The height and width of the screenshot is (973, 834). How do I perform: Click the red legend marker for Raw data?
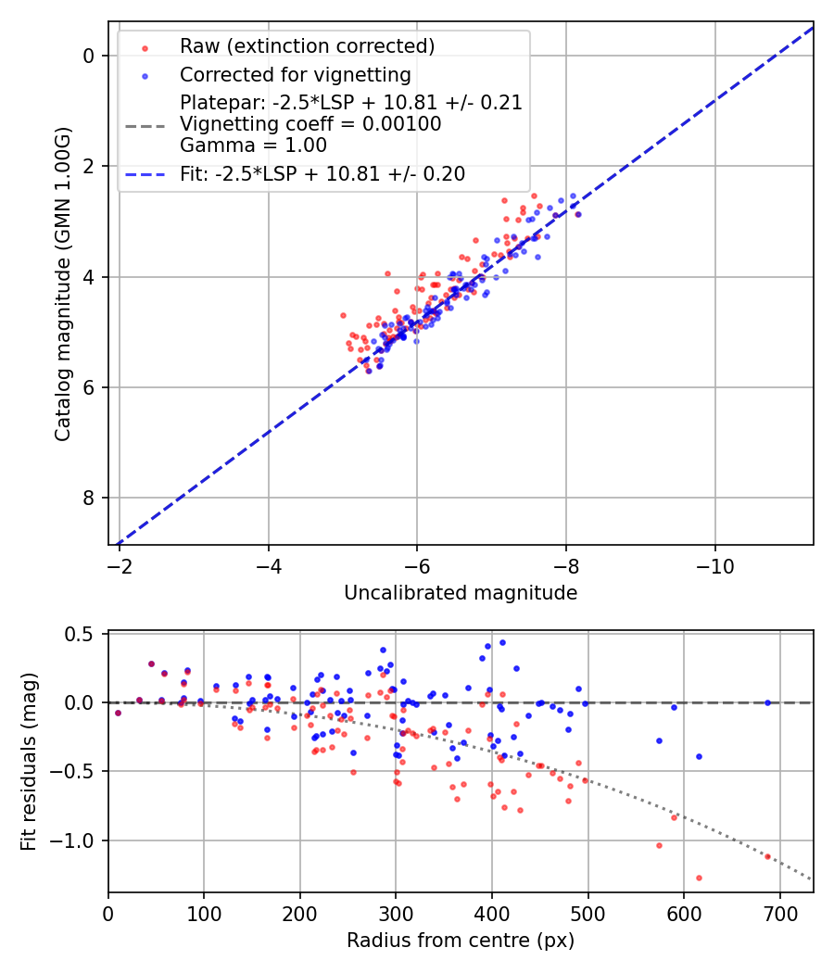tap(145, 46)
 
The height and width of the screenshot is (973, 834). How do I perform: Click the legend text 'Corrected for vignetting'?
tap(296, 74)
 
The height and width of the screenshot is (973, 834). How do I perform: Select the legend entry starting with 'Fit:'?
tap(322, 173)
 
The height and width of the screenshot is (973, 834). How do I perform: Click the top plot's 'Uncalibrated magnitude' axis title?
tap(461, 593)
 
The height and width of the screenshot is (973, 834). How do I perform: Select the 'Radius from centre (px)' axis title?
tap(461, 941)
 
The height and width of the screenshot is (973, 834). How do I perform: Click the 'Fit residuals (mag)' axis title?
tap(29, 762)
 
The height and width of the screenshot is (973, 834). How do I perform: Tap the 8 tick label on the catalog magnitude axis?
tap(89, 499)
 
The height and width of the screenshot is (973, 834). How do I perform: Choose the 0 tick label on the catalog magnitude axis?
tap(89, 56)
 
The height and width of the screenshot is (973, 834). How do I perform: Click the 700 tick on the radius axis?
tap(779, 913)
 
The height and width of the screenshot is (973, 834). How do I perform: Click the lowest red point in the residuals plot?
tap(699, 878)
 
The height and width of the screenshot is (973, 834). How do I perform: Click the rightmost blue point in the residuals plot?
tap(767, 702)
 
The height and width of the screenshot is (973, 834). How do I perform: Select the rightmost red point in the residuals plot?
tap(767, 856)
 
